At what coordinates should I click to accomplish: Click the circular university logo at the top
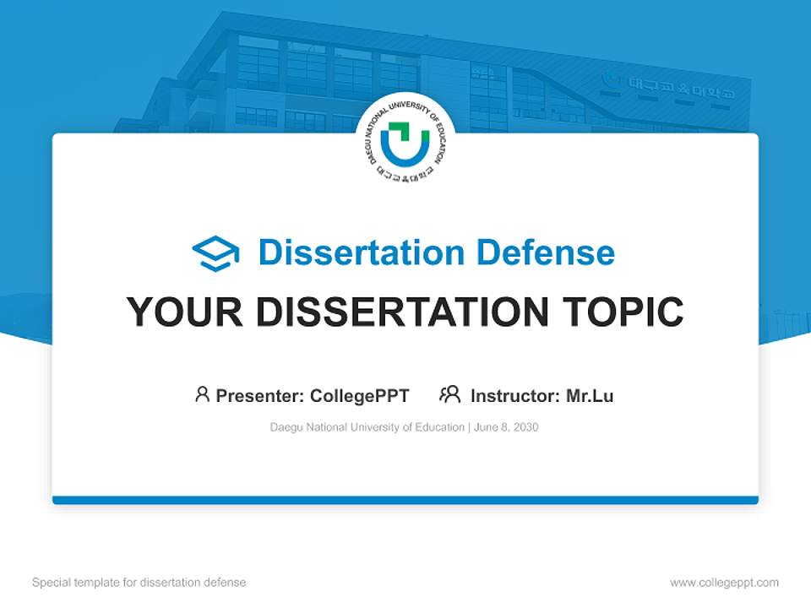[405, 143]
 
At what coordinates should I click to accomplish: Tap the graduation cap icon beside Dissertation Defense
[215, 253]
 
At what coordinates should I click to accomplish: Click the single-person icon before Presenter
[202, 394]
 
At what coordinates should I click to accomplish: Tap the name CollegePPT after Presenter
[360, 395]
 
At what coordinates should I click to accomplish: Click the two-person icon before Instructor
[449, 394]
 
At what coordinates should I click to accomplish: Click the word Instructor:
[515, 395]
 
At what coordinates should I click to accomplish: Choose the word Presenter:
[261, 395]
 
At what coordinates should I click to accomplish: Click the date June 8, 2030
[506, 427]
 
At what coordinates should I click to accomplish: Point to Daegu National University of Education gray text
[367, 427]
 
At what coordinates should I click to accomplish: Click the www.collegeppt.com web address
[724, 583]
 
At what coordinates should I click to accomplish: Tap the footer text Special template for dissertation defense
[139, 583]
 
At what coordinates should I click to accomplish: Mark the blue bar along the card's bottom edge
[405, 500]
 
